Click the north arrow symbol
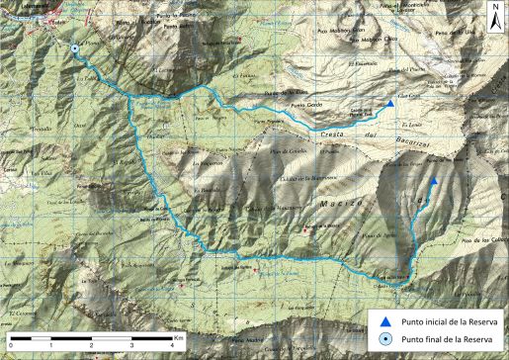tap(494, 16)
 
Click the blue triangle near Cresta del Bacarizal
tap(390, 104)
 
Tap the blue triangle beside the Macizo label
tap(434, 181)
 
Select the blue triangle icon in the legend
tap(378, 319)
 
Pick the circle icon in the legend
tap(378, 338)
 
